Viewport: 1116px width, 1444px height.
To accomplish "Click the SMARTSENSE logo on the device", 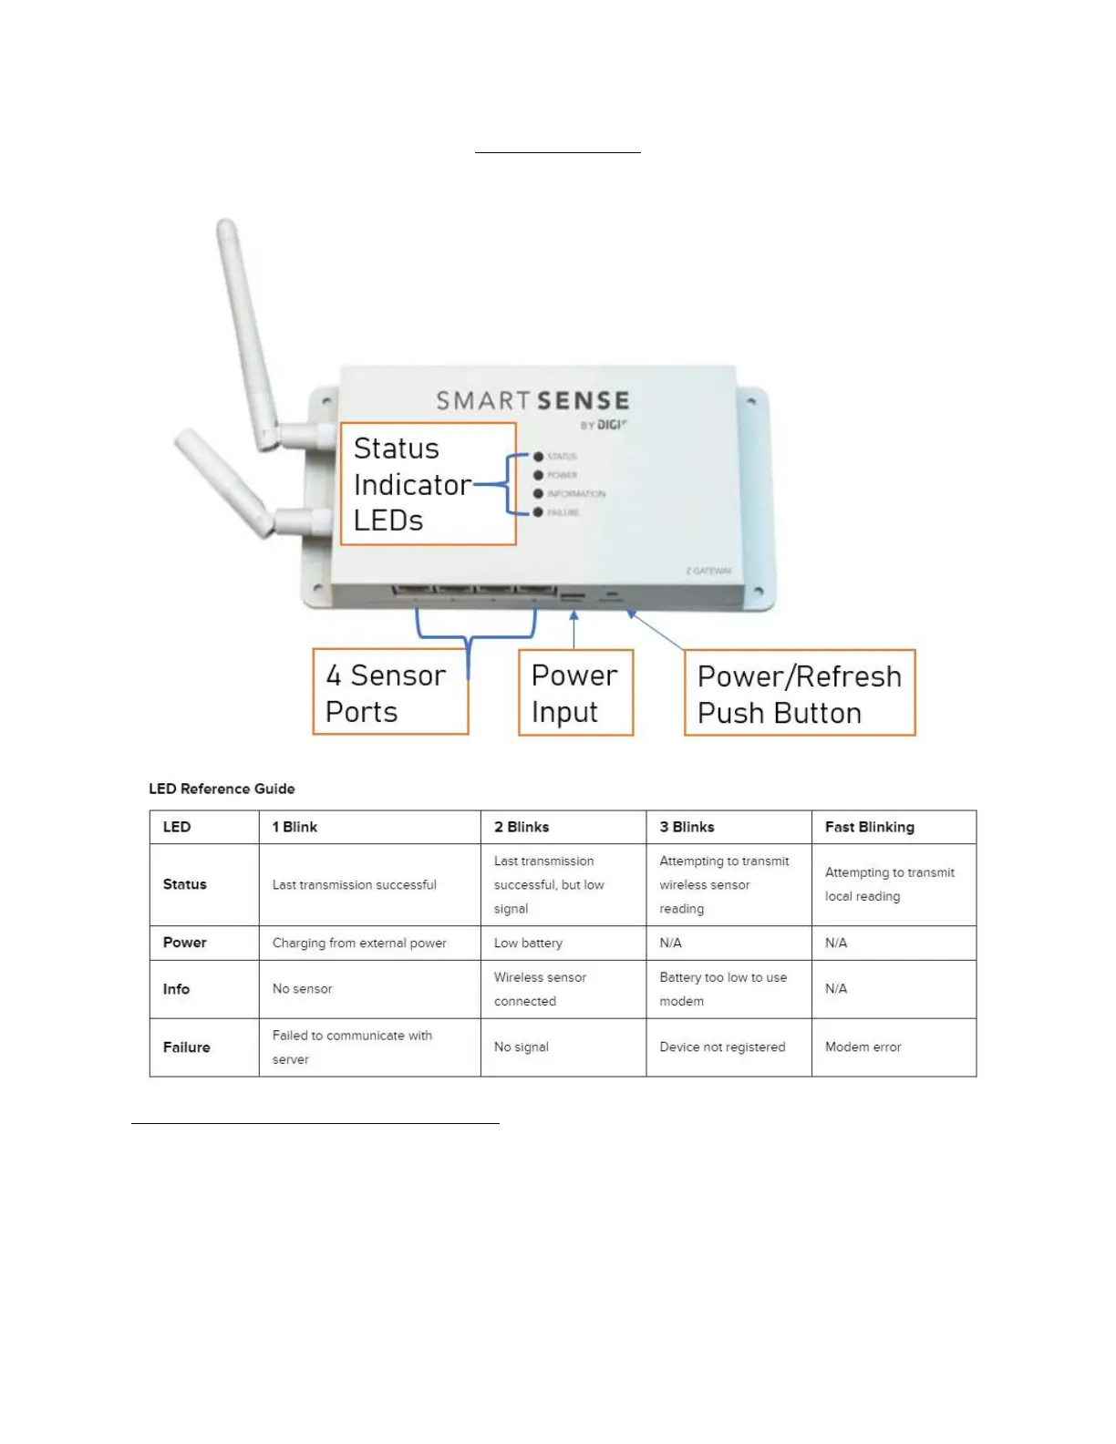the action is tap(532, 401).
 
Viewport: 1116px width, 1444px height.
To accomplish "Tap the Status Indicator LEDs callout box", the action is tap(428, 484).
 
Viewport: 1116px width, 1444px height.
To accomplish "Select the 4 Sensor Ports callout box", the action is tap(389, 693).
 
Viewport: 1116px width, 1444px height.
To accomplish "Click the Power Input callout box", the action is tap(575, 693).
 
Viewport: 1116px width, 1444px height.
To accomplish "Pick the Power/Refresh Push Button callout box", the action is tap(800, 694).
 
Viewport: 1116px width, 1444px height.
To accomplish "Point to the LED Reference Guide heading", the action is tap(222, 789).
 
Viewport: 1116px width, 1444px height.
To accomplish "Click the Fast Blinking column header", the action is tap(869, 827).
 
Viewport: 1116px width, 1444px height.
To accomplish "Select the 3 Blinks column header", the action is tap(687, 827).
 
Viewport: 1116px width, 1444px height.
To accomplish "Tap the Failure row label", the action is tap(186, 1047).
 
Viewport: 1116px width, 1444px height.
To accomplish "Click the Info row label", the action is tap(176, 989).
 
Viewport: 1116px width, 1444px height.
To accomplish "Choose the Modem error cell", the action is tap(863, 1047).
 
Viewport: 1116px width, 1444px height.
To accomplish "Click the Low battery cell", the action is tap(528, 943).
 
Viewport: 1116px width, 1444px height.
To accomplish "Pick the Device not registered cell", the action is tap(722, 1047).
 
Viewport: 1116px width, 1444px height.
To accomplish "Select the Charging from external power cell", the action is tap(359, 943).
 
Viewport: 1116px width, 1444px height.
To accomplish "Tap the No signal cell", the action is tap(521, 1047).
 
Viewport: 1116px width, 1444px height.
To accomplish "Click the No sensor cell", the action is tap(302, 989).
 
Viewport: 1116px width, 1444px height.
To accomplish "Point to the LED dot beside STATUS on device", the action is tap(539, 457).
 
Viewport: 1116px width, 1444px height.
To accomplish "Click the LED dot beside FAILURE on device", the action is tap(539, 512).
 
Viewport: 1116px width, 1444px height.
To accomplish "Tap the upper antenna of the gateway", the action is tap(246, 328).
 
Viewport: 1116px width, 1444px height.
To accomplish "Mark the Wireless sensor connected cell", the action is tap(540, 989).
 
